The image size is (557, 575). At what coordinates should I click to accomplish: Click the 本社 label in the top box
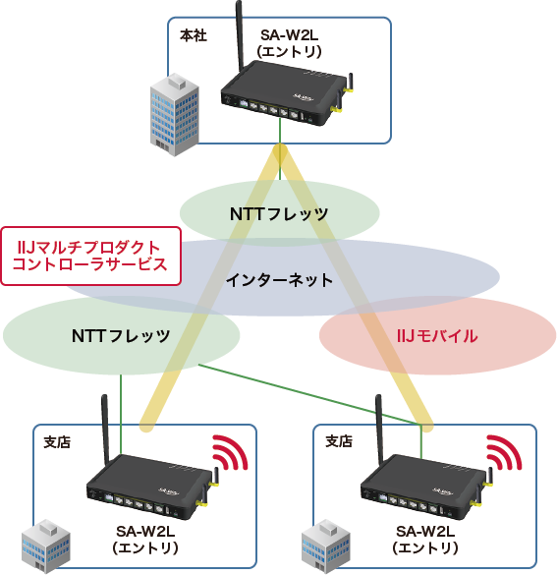click(192, 35)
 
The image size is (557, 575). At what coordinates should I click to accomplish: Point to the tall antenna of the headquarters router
click(239, 39)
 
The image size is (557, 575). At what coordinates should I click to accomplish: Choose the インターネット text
click(279, 280)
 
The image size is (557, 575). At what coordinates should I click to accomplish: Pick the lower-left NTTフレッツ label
click(121, 335)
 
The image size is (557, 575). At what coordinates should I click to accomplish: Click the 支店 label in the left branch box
click(58, 441)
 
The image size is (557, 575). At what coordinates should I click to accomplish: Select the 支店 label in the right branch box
click(338, 441)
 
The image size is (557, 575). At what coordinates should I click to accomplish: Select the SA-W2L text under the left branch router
click(144, 532)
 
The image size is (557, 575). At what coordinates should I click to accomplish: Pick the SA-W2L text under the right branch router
click(423, 532)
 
